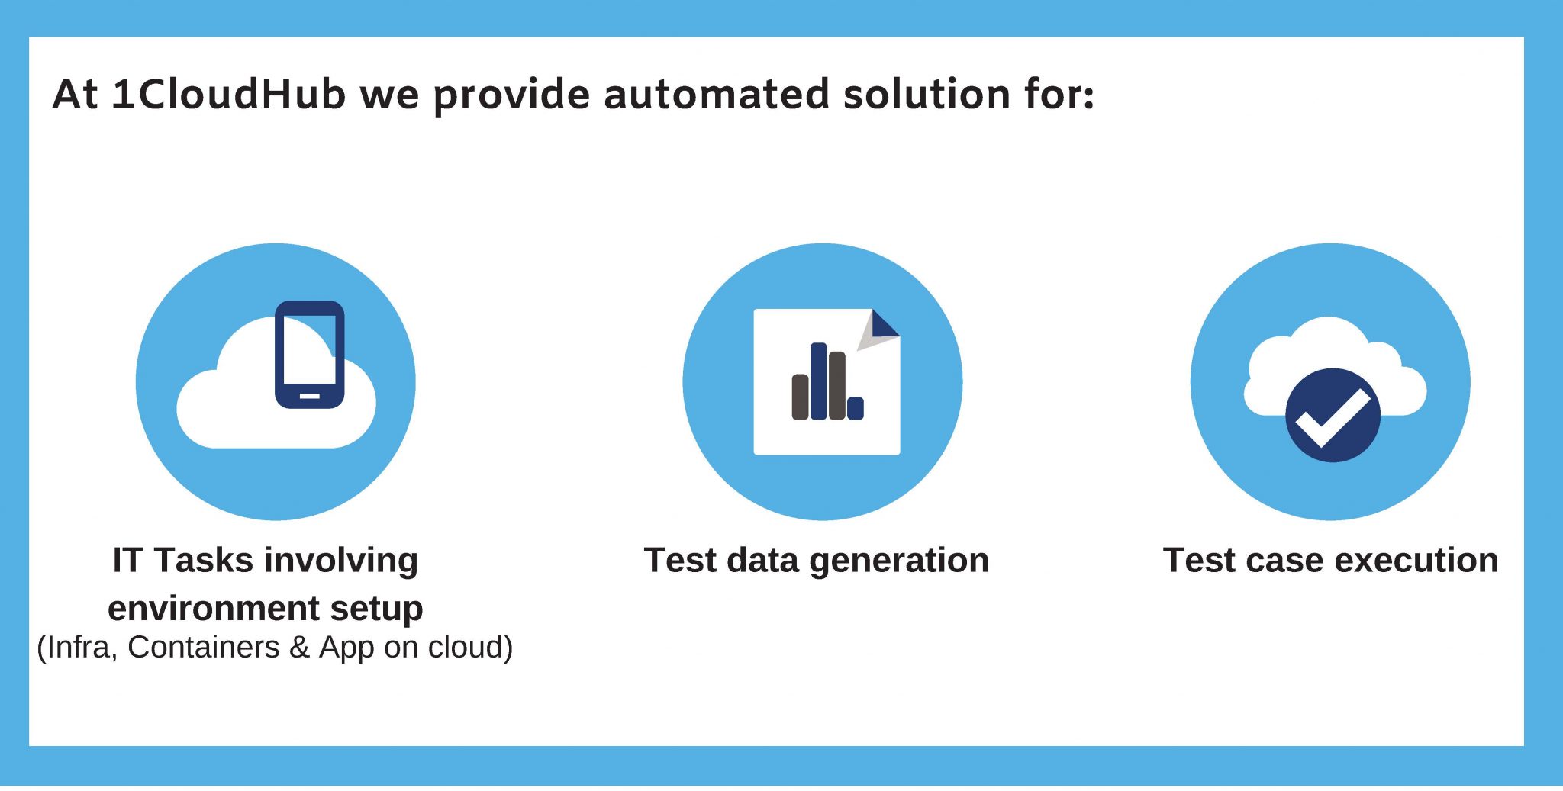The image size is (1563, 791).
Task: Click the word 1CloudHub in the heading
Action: tap(228, 95)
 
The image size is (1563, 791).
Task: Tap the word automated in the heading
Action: tap(716, 95)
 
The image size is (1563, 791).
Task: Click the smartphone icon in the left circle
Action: tap(309, 355)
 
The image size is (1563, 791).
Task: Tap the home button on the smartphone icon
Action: tap(309, 396)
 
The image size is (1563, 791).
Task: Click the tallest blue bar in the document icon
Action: tap(819, 381)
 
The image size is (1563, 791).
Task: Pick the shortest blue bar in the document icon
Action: tap(856, 408)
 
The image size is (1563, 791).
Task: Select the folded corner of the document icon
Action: tap(880, 329)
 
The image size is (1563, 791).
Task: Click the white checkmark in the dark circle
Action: tap(1333, 418)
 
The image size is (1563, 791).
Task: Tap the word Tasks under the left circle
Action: tap(204, 561)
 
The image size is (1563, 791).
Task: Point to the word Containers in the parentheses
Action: tap(204, 647)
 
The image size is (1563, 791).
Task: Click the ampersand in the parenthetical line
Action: tap(299, 647)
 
